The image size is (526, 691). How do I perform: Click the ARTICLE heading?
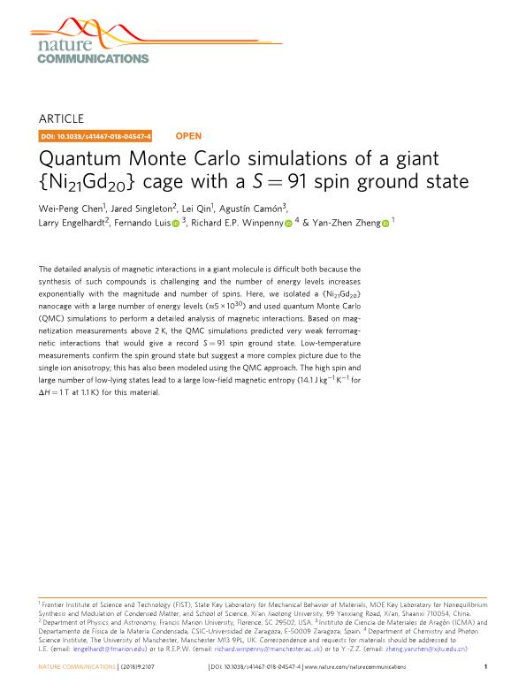tap(62, 118)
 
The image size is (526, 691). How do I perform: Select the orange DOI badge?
tap(95, 137)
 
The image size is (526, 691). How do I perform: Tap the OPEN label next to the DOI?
tap(188, 137)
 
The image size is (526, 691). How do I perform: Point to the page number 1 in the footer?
tap(486, 668)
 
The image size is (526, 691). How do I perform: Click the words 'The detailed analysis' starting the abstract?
tap(72, 268)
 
